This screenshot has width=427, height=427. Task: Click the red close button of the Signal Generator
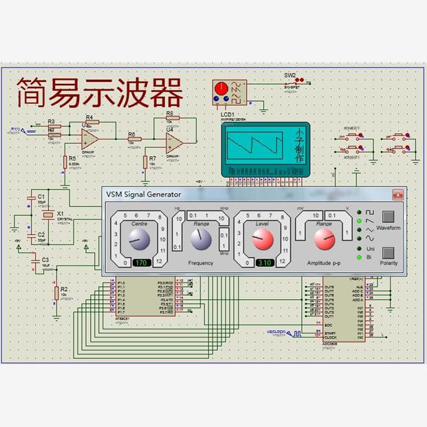point(397,195)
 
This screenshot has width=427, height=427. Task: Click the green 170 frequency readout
point(141,263)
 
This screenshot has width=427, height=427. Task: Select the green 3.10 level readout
point(265,263)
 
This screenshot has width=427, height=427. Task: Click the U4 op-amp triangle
point(173,142)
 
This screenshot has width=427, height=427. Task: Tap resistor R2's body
point(56,294)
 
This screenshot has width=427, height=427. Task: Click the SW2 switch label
point(289,76)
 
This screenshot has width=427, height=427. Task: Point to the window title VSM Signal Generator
point(144,195)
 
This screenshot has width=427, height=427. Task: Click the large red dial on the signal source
point(221,89)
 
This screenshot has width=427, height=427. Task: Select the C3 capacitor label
point(45,259)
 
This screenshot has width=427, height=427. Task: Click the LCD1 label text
point(228,114)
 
